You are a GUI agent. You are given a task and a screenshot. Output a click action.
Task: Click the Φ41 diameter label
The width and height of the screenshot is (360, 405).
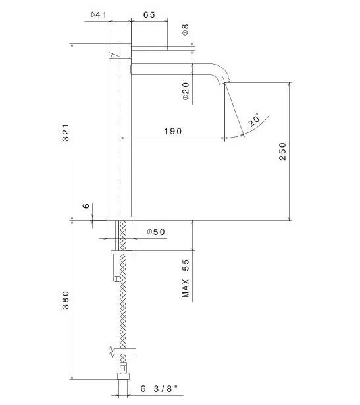coord(98,14)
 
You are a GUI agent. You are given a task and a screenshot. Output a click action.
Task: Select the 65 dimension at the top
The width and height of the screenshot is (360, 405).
coord(149,14)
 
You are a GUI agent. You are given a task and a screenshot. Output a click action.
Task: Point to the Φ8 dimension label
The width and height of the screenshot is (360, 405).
coord(186,30)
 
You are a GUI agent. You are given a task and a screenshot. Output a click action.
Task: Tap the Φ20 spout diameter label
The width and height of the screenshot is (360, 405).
coord(186,91)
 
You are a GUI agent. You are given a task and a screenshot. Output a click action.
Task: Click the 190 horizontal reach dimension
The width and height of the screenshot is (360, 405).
coord(173,131)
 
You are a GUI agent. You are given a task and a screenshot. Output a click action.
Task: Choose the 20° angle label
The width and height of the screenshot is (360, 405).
coord(254,120)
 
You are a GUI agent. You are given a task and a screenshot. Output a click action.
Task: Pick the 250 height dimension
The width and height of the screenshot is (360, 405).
coord(282,151)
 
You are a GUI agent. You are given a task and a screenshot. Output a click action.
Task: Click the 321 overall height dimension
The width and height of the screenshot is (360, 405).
coord(66,132)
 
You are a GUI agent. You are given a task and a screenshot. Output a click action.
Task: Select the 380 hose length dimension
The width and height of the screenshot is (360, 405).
coord(66,300)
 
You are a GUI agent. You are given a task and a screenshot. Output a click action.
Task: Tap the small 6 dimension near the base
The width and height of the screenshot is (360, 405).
coord(86,206)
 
